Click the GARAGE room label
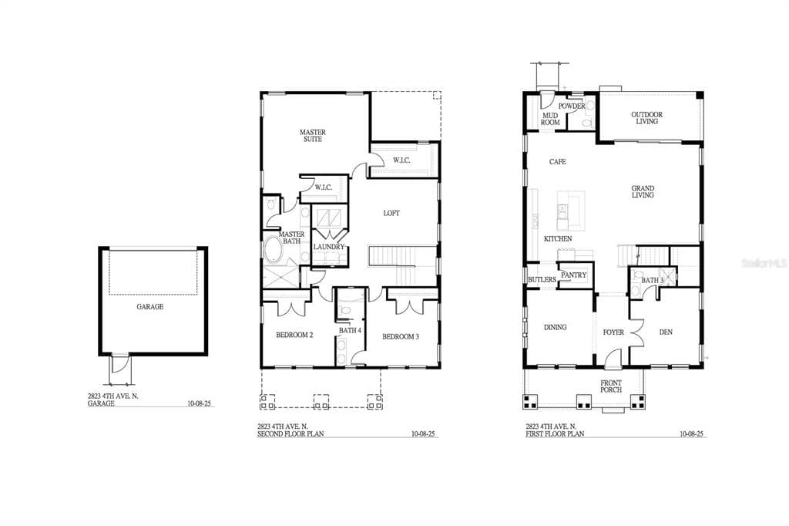(x=150, y=306)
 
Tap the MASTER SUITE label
(x=312, y=137)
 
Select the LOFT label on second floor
(x=391, y=213)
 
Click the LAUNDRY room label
(x=328, y=247)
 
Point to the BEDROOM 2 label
(x=294, y=335)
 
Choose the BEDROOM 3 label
(x=400, y=336)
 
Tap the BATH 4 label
(x=350, y=331)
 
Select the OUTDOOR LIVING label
(x=646, y=118)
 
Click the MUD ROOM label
(x=550, y=119)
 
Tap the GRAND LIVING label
(x=643, y=192)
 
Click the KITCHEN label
(x=558, y=239)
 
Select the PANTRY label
(x=574, y=275)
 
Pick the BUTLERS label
(x=542, y=279)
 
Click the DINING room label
(x=555, y=327)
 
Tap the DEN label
(x=666, y=332)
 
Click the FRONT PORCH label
(x=611, y=386)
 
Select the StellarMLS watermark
(x=763, y=263)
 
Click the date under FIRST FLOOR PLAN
(x=691, y=434)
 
